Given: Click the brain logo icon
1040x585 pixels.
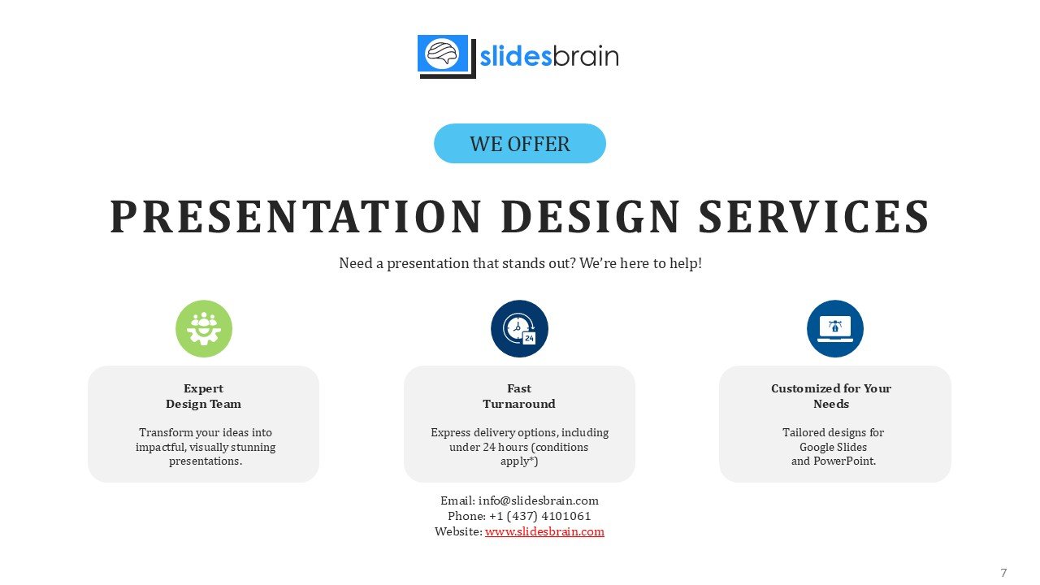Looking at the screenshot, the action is (446, 56).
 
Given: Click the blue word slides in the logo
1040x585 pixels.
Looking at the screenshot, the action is (515, 57).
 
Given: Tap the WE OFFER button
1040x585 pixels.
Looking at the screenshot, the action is (519, 144).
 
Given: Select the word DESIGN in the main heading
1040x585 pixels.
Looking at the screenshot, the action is (591, 216).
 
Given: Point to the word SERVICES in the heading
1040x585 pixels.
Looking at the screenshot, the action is (814, 216).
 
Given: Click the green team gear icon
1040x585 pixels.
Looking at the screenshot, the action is (204, 329).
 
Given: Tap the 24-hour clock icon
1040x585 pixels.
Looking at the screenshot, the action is (519, 329).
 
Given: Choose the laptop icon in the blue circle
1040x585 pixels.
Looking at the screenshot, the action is (835, 329).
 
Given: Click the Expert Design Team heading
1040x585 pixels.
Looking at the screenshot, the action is (203, 396).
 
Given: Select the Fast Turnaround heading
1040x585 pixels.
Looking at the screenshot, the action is (519, 396).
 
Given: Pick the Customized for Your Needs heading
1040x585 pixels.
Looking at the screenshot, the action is (831, 396).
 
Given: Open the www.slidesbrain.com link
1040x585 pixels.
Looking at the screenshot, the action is (544, 531).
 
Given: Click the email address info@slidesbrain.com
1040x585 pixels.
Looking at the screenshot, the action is (539, 500).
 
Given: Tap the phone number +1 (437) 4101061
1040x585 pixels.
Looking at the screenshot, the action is (540, 516).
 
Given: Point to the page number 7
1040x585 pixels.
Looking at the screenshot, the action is (1003, 573).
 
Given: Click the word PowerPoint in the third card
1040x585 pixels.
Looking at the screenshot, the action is (844, 461).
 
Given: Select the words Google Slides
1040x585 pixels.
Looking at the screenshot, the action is (833, 447).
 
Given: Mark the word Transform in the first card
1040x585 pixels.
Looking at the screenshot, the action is (166, 432).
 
